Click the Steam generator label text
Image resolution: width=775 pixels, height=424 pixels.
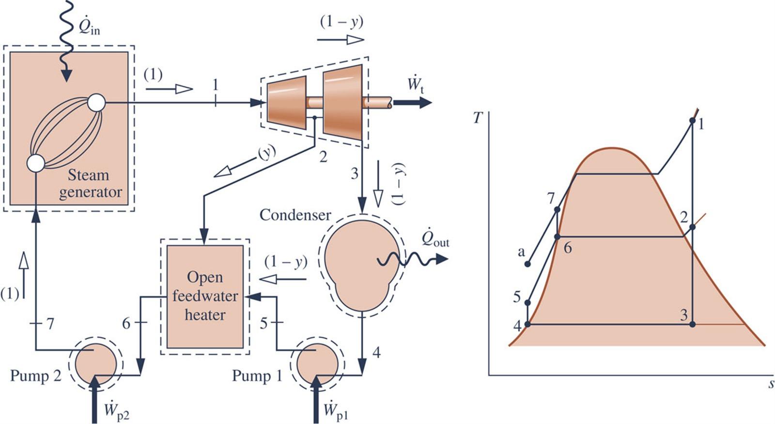pos(90,183)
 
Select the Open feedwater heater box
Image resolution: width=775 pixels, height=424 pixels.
pos(205,296)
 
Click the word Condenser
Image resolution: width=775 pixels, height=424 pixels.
pos(295,215)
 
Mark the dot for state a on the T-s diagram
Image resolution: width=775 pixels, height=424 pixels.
pos(528,264)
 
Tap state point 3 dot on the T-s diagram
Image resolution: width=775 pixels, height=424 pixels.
pos(693,324)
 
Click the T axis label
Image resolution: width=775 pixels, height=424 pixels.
pos(478,118)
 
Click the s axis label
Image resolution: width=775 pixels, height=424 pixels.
pos(771,384)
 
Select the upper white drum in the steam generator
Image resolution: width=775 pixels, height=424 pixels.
pos(96,102)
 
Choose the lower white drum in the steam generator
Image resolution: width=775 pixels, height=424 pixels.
pos(36,163)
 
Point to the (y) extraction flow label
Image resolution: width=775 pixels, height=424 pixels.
pos(265,152)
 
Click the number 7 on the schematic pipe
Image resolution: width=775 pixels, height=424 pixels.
pos(50,324)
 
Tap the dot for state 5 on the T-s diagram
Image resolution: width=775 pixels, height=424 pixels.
pos(528,303)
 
